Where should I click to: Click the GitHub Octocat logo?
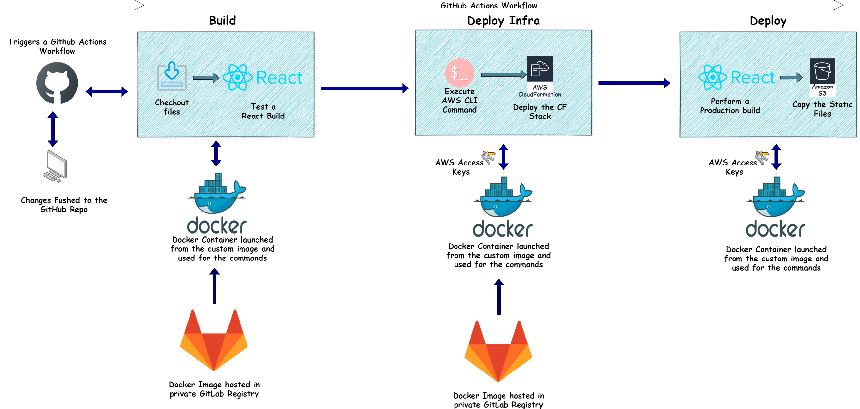(x=57, y=83)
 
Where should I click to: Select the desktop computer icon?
(x=56, y=166)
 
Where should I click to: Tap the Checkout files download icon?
(x=172, y=76)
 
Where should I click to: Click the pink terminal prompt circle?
(x=460, y=73)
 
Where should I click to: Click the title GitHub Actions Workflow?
(x=488, y=5)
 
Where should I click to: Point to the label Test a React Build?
(x=263, y=111)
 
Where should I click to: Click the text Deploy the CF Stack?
(x=539, y=111)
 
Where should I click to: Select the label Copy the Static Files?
(x=822, y=109)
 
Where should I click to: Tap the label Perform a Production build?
(x=730, y=106)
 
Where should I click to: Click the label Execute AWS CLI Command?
(x=460, y=101)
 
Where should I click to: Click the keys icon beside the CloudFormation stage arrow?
(x=488, y=157)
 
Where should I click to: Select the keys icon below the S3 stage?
(x=762, y=157)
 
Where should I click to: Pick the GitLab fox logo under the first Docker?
(x=214, y=340)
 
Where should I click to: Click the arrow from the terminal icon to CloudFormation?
(x=504, y=75)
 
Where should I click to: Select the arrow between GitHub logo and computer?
(x=53, y=129)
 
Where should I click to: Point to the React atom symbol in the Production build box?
(x=712, y=77)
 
